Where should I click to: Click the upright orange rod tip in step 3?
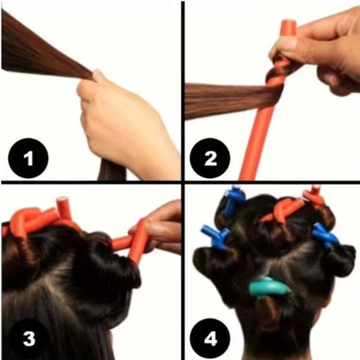click(x=62, y=208)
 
